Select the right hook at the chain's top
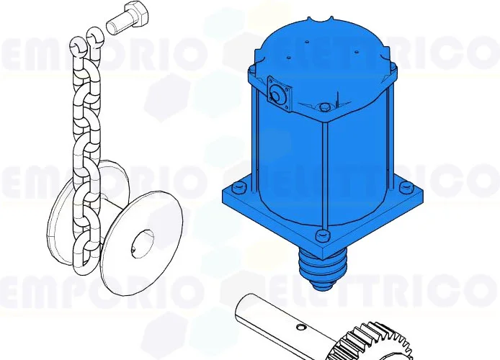[94, 35]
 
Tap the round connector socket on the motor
[277, 94]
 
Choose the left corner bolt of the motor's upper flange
[252, 68]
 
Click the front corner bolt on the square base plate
[321, 235]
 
